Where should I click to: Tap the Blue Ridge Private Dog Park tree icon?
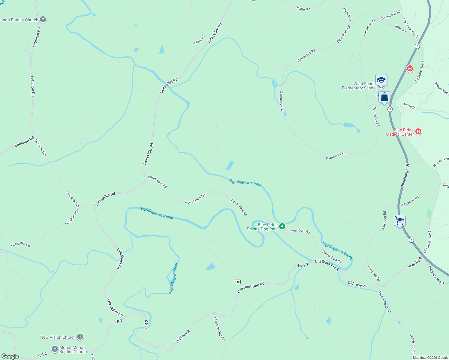click(x=282, y=226)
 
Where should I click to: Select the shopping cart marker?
click(x=399, y=221)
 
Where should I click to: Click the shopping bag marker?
click(x=384, y=97)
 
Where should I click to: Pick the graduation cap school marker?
click(x=381, y=80)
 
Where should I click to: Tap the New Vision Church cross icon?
click(x=80, y=337)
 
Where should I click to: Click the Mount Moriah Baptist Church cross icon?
click(x=55, y=349)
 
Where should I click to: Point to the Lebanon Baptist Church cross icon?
click(x=43, y=20)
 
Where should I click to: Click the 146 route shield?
click(x=237, y=282)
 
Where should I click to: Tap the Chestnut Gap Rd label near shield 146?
click(x=251, y=287)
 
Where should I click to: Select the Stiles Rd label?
click(x=199, y=40)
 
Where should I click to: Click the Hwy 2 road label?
click(x=303, y=265)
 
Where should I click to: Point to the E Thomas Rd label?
click(x=410, y=202)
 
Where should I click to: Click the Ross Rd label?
click(x=400, y=28)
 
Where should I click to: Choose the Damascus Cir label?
click(x=369, y=28)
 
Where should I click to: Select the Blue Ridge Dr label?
click(x=405, y=175)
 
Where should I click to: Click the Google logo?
click(x=10, y=356)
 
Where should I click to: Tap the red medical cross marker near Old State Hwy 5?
click(x=410, y=69)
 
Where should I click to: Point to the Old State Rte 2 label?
click(x=327, y=265)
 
